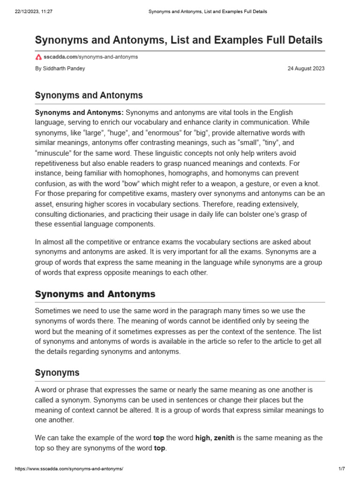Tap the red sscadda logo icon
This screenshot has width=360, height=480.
point(38,57)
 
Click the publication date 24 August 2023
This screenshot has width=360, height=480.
point(306,68)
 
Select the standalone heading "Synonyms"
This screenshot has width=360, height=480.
point(57,373)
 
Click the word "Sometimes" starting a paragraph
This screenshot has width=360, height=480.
point(53,311)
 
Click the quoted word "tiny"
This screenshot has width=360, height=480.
point(274,143)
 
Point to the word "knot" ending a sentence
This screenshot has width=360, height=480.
point(314,183)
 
